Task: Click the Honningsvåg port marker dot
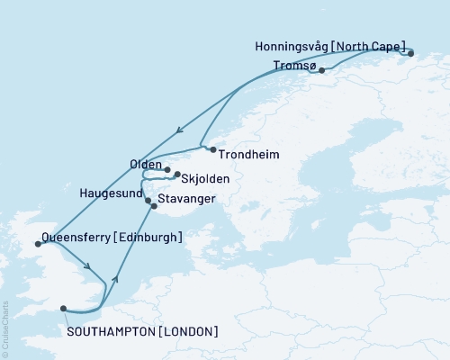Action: [410, 54]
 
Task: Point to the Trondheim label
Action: [248, 155]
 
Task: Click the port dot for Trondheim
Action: [212, 149]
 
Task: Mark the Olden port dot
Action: [167, 168]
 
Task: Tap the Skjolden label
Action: [206, 179]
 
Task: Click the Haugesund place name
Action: [110, 193]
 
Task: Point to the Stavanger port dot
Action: [154, 207]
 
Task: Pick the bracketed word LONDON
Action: [188, 332]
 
